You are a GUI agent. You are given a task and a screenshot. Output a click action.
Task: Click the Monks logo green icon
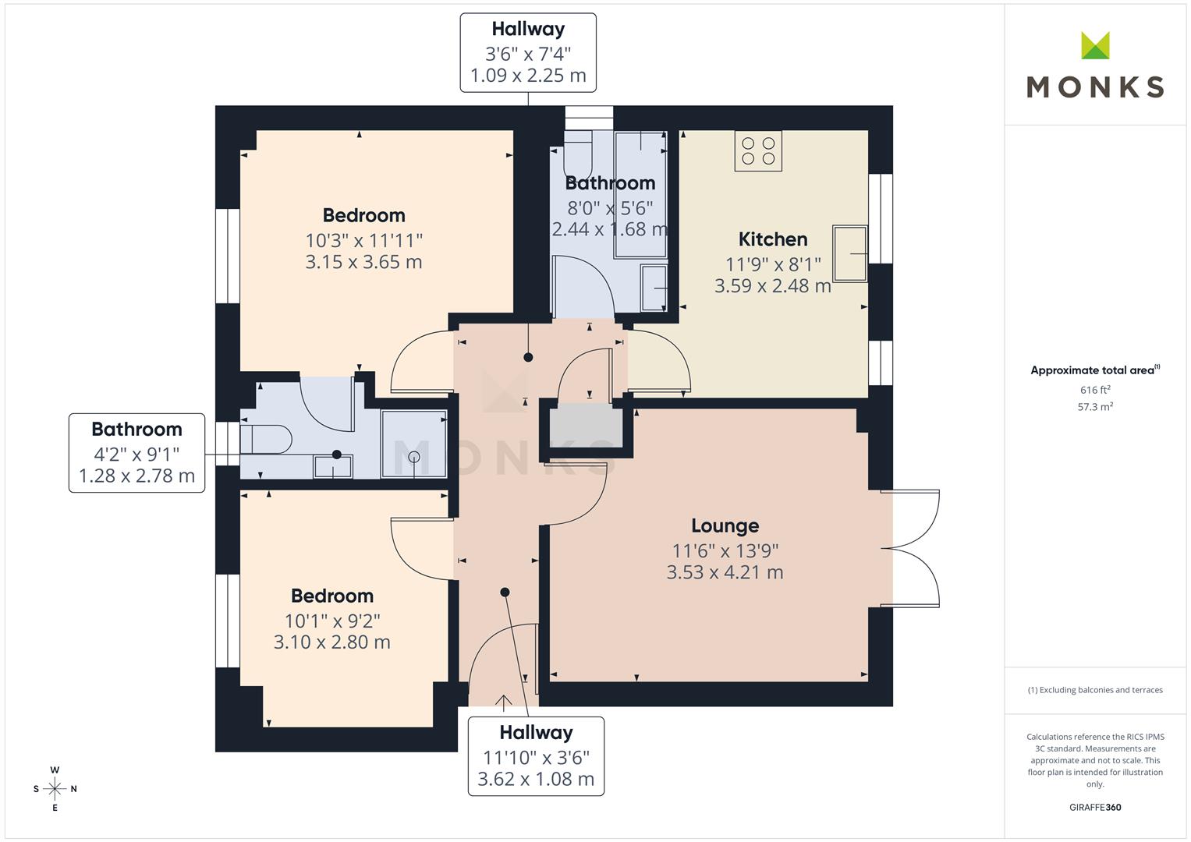tap(1095, 46)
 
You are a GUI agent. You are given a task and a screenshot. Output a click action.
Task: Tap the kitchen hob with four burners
tap(758, 151)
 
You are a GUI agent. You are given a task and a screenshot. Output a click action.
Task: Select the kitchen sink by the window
tap(849, 253)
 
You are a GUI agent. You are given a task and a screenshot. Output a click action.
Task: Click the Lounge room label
tap(725, 526)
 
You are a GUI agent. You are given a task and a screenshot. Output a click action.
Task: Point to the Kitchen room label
tap(772, 239)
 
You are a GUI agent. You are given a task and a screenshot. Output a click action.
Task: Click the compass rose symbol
tap(55, 789)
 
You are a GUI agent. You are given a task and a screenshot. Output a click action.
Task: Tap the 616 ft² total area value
tap(1095, 390)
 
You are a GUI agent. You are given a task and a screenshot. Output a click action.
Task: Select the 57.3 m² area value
tap(1095, 407)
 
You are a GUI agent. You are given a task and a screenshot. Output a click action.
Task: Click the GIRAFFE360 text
tap(1095, 807)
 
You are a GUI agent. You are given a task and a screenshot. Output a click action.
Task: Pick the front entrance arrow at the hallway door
tap(504, 702)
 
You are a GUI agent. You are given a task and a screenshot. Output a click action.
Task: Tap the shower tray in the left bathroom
tap(414, 444)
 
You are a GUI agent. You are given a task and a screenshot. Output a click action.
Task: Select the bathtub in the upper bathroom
tap(640, 195)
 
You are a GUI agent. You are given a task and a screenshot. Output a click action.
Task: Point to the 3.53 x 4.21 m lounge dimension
tap(725, 572)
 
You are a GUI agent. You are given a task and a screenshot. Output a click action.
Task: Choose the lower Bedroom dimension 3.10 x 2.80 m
tap(331, 642)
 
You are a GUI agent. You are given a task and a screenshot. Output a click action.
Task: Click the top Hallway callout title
tap(528, 30)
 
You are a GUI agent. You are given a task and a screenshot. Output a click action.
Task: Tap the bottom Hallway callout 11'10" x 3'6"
tap(536, 757)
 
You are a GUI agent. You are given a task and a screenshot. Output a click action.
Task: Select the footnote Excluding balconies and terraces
tap(1095, 690)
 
